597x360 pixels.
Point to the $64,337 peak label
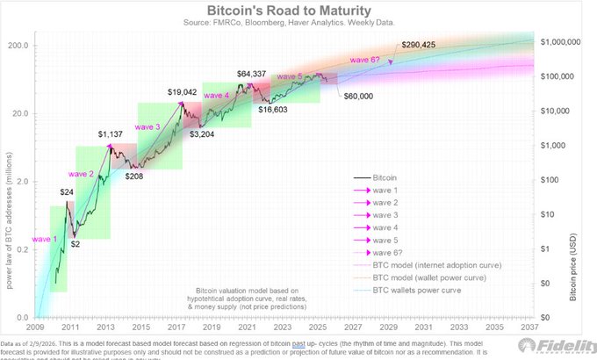click(255, 74)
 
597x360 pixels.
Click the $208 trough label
click(134, 176)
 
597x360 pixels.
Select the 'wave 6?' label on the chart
click(366, 58)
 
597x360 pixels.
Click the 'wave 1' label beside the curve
click(47, 238)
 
